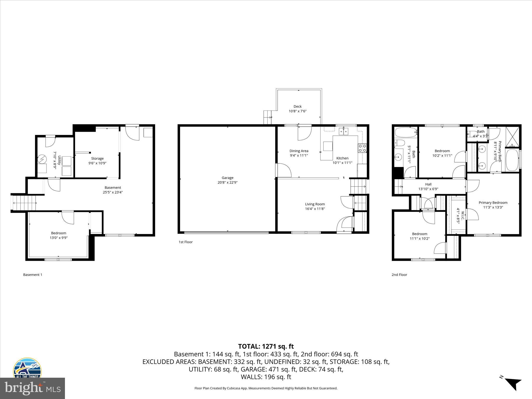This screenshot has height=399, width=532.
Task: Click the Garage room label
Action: pyautogui.click(x=227, y=178)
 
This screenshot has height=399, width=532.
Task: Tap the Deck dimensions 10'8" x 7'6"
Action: pyautogui.click(x=298, y=111)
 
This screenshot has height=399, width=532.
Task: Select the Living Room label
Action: pyautogui.click(x=315, y=204)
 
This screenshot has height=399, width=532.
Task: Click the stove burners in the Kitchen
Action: pyautogui.click(x=362, y=148)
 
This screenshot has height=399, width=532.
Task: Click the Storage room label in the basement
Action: pyautogui.click(x=97, y=158)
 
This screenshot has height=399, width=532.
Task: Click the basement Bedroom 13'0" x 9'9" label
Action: pyautogui.click(x=59, y=233)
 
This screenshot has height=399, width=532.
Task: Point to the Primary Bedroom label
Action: pyautogui.click(x=493, y=203)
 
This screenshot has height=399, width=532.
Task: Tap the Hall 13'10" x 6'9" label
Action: pyautogui.click(x=428, y=184)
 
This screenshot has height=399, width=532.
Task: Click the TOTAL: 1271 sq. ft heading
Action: pyautogui.click(x=266, y=346)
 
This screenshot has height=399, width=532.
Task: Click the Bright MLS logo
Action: pyautogui.click(x=32, y=388)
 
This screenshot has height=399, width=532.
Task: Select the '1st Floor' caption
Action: pyautogui.click(x=185, y=242)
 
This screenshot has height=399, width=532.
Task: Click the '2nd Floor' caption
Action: pyautogui.click(x=399, y=275)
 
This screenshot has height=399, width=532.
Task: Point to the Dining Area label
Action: pyautogui.click(x=299, y=151)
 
